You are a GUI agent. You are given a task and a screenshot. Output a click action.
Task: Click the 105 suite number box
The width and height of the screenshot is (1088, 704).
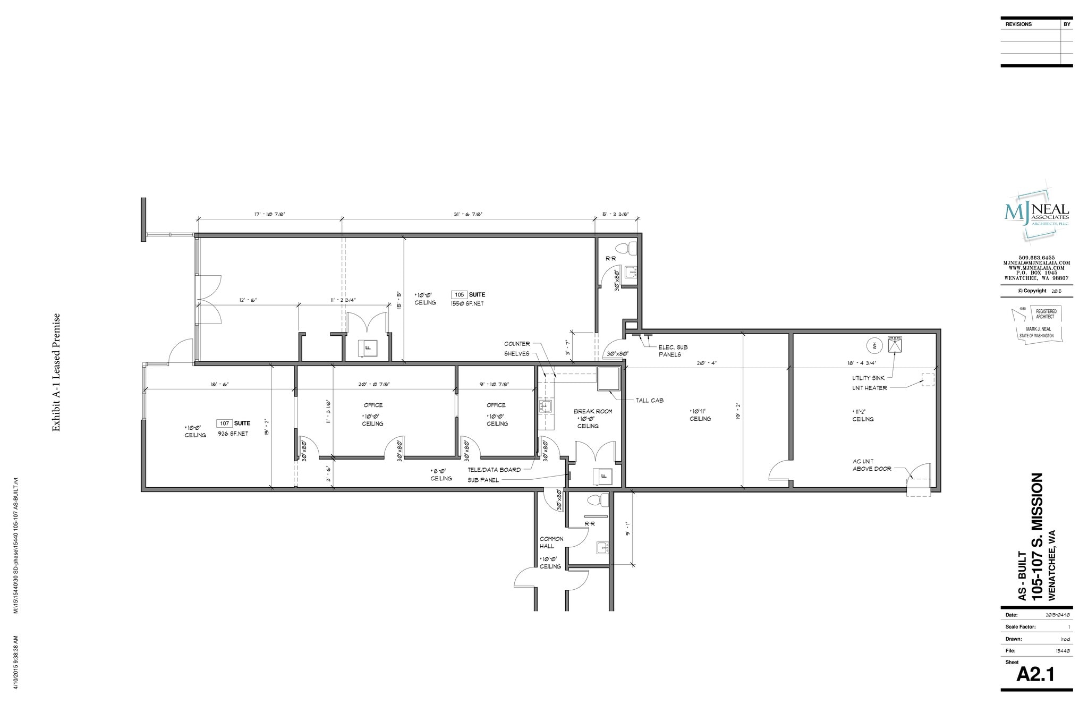tap(460, 294)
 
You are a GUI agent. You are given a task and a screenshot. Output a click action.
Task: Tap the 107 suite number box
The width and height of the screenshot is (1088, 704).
tap(224, 423)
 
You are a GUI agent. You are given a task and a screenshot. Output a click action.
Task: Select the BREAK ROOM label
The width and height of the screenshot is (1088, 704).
tap(593, 411)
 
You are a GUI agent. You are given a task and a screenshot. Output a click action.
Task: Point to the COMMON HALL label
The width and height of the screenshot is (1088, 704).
tap(551, 542)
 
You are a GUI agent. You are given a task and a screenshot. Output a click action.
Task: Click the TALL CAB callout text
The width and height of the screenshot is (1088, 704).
tap(649, 401)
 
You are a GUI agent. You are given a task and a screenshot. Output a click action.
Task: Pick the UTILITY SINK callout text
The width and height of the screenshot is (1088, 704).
tap(869, 378)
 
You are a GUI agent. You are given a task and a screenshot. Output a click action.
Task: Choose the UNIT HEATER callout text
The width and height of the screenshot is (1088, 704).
tap(869, 388)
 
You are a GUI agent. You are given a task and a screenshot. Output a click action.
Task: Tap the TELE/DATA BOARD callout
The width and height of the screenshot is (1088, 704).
tap(494, 470)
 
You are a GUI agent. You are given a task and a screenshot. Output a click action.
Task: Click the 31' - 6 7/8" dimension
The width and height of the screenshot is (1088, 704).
tap(468, 214)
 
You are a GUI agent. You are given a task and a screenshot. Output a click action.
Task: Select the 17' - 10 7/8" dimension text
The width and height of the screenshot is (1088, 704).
tap(269, 214)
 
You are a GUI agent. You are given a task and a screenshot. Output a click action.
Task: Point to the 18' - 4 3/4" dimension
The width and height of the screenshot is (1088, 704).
tap(862, 363)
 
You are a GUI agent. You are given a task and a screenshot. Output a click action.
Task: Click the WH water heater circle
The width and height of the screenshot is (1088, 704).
tap(873, 345)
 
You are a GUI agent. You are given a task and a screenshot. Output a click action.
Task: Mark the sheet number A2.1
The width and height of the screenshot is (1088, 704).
tap(1035, 674)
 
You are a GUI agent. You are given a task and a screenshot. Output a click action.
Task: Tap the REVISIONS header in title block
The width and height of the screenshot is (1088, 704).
tap(1018, 24)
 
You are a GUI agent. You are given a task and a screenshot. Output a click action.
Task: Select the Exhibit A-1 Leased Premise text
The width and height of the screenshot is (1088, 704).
tap(56, 372)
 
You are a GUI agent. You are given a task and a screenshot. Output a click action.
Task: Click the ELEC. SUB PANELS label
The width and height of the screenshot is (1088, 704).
tap(673, 351)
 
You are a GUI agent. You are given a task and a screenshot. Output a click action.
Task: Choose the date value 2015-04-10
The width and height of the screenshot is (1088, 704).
tap(1058, 615)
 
